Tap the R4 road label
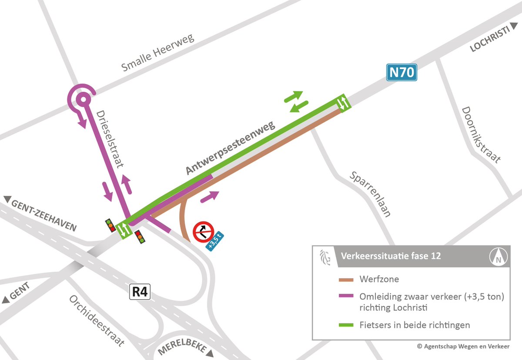click(x=140, y=292)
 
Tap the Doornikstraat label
click(x=481, y=135)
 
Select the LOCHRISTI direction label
click(x=492, y=41)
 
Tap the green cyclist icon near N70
click(x=342, y=103)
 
